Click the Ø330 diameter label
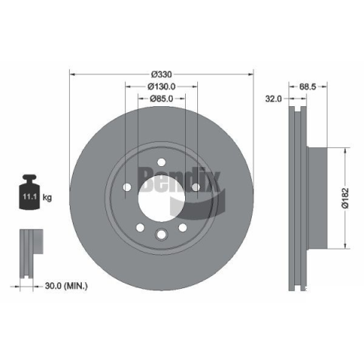162,74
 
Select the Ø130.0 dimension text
162,86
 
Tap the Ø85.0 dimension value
162,99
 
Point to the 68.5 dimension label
308,86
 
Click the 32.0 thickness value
273,99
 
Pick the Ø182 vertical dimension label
345,198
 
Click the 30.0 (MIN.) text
66,286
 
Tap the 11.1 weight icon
30,192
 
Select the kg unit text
47,197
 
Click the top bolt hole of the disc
162,162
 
